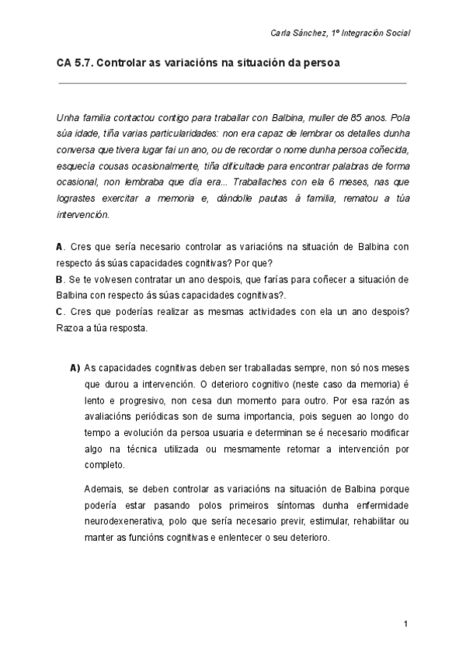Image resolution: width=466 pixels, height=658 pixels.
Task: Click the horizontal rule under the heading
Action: click(232, 82)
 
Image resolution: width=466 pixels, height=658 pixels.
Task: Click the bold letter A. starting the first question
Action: click(60, 247)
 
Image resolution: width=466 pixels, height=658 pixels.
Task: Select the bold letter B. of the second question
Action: click(60, 279)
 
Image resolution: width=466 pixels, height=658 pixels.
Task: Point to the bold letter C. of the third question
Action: click(60, 311)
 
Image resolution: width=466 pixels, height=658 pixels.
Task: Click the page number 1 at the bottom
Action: click(405, 624)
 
